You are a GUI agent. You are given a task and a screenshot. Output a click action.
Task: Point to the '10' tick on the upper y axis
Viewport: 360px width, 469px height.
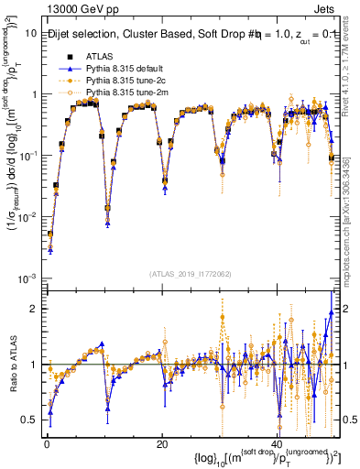coord(30,33)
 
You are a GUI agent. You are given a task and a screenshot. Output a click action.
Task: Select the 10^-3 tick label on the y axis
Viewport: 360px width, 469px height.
coord(27,278)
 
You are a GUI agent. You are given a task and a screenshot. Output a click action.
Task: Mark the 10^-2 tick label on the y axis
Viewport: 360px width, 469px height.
coord(27,216)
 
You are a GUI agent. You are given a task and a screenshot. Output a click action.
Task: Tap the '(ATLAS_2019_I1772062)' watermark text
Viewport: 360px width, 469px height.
coord(191,273)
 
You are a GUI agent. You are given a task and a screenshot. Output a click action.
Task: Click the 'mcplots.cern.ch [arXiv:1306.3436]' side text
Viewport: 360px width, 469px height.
coord(352,229)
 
